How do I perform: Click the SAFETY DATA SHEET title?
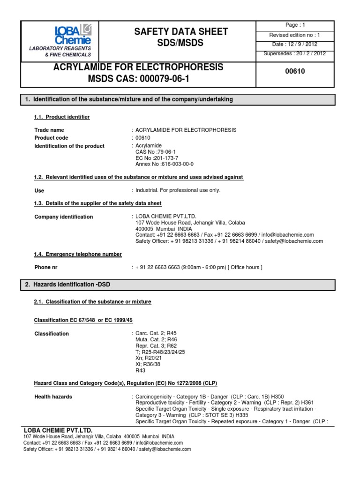pos(180,31)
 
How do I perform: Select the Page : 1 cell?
pos(295,25)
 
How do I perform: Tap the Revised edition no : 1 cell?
pos(295,35)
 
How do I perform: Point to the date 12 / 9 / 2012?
pos(295,44)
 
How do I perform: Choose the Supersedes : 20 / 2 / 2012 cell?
pos(295,53)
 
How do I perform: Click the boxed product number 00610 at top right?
pos(295,72)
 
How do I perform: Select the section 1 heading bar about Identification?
pos(178,99)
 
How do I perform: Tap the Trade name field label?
pos(49,130)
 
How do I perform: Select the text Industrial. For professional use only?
pos(178,190)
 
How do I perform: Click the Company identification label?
pos(64,217)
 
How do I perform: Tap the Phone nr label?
pos(46,267)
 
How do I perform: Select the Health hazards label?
pos(53,397)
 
